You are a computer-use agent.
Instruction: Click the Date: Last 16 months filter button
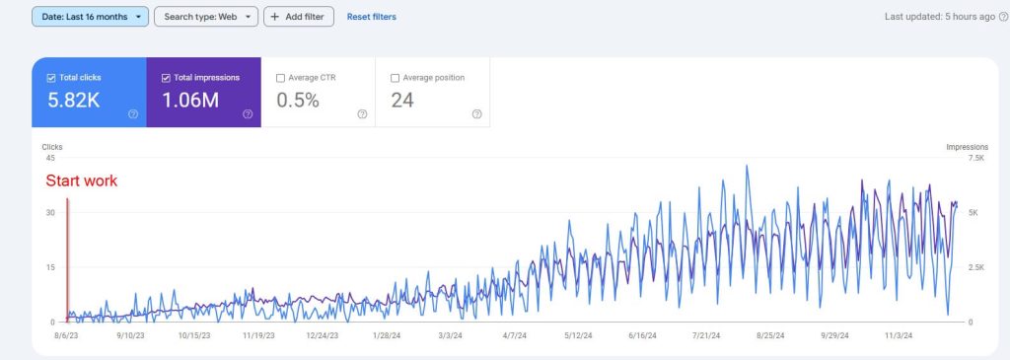(x=90, y=17)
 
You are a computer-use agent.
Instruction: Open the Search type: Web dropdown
(x=206, y=17)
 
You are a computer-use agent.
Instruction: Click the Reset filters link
(x=372, y=17)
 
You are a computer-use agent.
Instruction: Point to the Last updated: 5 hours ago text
(x=940, y=17)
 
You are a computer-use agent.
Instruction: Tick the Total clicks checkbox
(x=51, y=78)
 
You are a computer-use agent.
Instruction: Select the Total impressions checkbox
(x=166, y=78)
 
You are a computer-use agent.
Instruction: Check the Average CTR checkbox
(x=280, y=78)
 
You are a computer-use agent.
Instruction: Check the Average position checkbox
(x=395, y=78)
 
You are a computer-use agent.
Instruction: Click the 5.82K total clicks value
(x=73, y=101)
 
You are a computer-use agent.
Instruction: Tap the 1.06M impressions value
(x=190, y=101)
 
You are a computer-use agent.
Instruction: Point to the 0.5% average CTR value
(x=298, y=101)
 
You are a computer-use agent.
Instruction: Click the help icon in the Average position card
(x=476, y=114)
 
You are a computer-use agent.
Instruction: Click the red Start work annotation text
(x=82, y=180)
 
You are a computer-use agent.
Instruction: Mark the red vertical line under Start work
(x=67, y=259)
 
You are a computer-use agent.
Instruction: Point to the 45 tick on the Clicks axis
(x=50, y=158)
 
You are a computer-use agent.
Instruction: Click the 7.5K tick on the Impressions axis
(x=976, y=158)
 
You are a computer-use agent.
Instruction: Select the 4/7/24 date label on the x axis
(x=515, y=335)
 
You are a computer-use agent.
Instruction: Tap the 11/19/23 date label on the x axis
(x=258, y=335)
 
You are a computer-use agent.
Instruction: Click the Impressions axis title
(x=967, y=147)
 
